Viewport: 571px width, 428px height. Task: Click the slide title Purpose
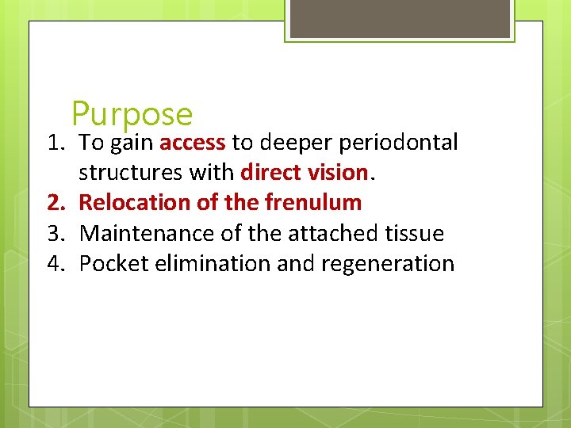pyautogui.click(x=132, y=114)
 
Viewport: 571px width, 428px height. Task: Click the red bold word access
pyautogui.click(x=193, y=143)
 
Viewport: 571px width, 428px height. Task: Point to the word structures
pyautogui.click(x=130, y=173)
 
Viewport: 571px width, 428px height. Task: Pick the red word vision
pyautogui.click(x=339, y=173)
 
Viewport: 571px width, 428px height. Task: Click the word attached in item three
pyautogui.click(x=316, y=233)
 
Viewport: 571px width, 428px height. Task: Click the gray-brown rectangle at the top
pyautogui.click(x=400, y=18)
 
